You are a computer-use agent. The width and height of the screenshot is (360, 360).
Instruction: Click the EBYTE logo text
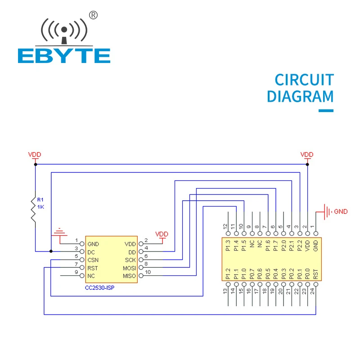point(64,55)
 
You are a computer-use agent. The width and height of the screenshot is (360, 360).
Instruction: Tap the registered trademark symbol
point(94,15)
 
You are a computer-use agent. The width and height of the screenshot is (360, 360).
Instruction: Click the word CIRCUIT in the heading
point(304,80)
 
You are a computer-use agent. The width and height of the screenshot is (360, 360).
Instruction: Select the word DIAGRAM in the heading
point(300,97)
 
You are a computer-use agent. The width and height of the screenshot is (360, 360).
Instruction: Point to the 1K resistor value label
point(41,207)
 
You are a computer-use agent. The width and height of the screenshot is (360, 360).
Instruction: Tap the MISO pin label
point(129,276)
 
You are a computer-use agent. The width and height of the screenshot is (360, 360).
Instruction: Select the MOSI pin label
point(129,268)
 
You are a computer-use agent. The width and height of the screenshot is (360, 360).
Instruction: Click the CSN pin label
point(94,260)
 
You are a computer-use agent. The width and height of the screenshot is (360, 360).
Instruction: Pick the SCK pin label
point(130,260)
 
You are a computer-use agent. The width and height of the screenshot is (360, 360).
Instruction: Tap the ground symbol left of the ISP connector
point(59,233)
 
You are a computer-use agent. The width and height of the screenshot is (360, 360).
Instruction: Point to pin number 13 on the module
point(226,291)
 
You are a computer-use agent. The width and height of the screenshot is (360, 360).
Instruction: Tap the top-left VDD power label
point(35,154)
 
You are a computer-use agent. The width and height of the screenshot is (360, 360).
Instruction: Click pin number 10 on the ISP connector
point(147,272)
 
